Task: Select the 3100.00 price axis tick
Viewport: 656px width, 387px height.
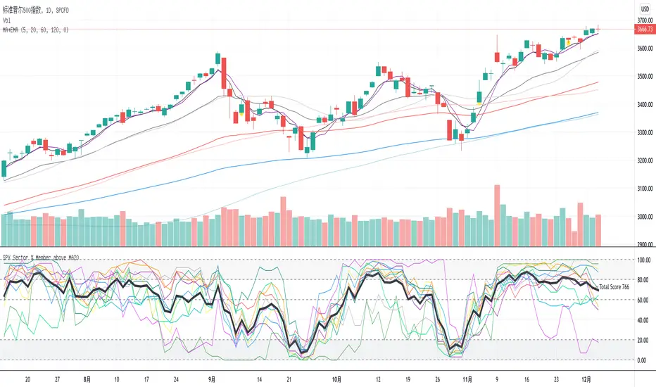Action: (x=643, y=189)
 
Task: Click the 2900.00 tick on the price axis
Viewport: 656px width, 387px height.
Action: (x=643, y=245)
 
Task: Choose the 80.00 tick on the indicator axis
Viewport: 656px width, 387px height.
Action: (x=642, y=280)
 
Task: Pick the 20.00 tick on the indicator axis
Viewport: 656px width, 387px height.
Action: (x=642, y=340)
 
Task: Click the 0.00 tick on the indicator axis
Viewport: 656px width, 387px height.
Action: (x=641, y=360)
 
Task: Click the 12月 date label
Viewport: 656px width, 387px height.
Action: (x=584, y=377)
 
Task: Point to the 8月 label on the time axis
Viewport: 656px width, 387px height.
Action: (x=87, y=377)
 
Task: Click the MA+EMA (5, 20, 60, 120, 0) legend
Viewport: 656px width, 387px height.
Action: (x=35, y=29)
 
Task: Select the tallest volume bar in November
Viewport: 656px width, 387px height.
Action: (x=497, y=215)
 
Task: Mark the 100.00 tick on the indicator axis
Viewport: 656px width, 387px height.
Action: (x=642, y=260)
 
